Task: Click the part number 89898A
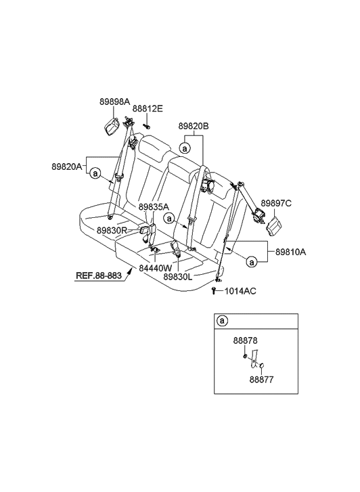point(114,102)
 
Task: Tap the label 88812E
point(148,109)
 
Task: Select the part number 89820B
point(194,126)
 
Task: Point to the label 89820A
point(67,167)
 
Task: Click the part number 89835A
point(154,207)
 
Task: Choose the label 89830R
point(112,231)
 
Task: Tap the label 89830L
point(178,276)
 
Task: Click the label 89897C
point(276,204)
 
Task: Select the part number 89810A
point(291,252)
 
